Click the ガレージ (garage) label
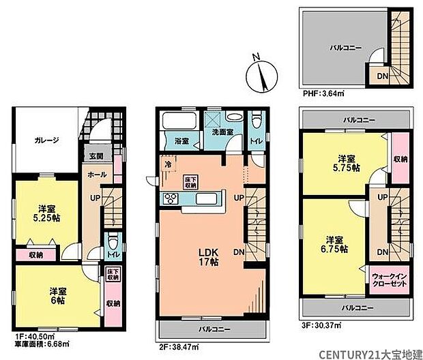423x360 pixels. click(46, 140)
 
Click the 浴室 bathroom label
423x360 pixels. click(181, 142)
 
